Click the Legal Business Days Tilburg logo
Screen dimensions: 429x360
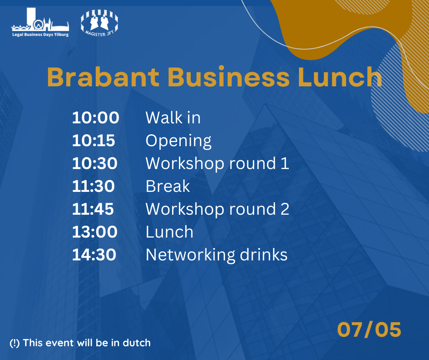point(40,22)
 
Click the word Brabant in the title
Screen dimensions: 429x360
point(103,77)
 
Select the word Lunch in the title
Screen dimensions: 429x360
point(340,77)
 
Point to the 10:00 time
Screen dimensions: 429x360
point(95,117)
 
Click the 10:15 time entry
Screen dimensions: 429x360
point(94,141)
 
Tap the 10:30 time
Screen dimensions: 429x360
point(94,163)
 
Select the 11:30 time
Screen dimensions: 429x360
point(93,186)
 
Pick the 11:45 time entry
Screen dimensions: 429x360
point(93,209)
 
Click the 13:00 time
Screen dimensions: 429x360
point(94,232)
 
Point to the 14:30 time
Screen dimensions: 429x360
point(94,255)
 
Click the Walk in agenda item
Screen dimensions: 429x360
point(173,117)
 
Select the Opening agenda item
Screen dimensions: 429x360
point(178,141)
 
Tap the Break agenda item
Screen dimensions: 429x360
point(167,186)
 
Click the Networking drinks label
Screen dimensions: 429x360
point(217,255)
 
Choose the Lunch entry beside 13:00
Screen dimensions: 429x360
point(170,232)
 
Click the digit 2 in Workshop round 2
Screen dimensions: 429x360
point(285,209)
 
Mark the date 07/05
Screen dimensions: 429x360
point(369,329)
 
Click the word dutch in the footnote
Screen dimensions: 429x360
point(137,343)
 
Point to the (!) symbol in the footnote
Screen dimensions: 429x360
point(15,343)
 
